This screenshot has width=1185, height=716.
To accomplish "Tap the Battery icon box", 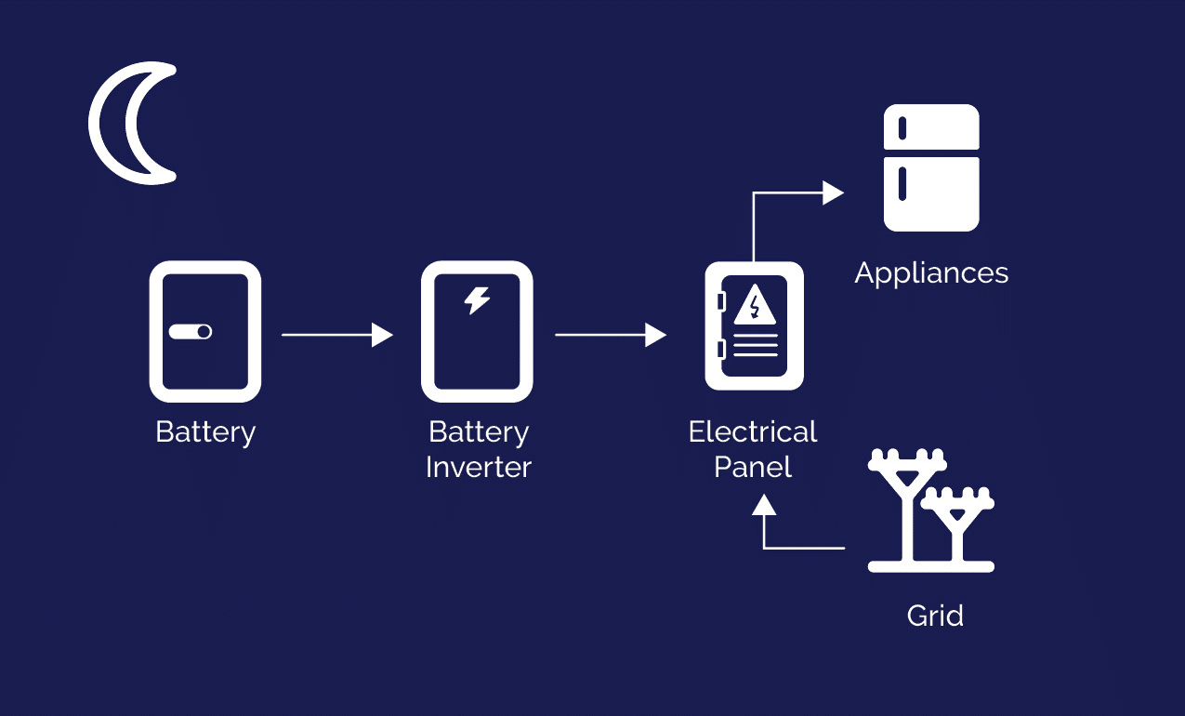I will pyautogui.click(x=205, y=331).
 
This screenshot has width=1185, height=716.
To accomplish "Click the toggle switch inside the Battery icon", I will pyautogui.click(x=191, y=332).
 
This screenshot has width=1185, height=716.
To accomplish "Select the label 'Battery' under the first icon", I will pyautogui.click(x=205, y=432).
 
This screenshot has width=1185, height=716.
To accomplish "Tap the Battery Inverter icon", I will pyautogui.click(x=477, y=331).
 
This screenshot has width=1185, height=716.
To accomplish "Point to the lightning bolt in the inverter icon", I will pyautogui.click(x=477, y=300).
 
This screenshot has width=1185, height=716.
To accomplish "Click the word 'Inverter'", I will pyautogui.click(x=478, y=467).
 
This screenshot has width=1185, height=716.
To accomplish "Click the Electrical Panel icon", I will pyautogui.click(x=754, y=326).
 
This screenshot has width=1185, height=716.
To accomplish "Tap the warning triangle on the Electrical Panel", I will pyautogui.click(x=755, y=306).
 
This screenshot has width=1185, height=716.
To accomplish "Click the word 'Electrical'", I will pyautogui.click(x=753, y=432).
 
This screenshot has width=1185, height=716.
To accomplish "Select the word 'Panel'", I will pyautogui.click(x=753, y=467).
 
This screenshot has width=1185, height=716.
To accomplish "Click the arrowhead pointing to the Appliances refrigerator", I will pyautogui.click(x=833, y=193).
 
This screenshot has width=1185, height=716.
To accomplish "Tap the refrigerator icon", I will pyautogui.click(x=931, y=167).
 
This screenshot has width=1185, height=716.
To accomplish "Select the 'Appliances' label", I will pyautogui.click(x=931, y=273).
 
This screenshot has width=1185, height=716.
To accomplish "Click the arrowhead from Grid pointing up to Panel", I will pyautogui.click(x=764, y=504).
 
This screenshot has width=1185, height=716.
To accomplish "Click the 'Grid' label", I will pyautogui.click(x=935, y=616).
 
